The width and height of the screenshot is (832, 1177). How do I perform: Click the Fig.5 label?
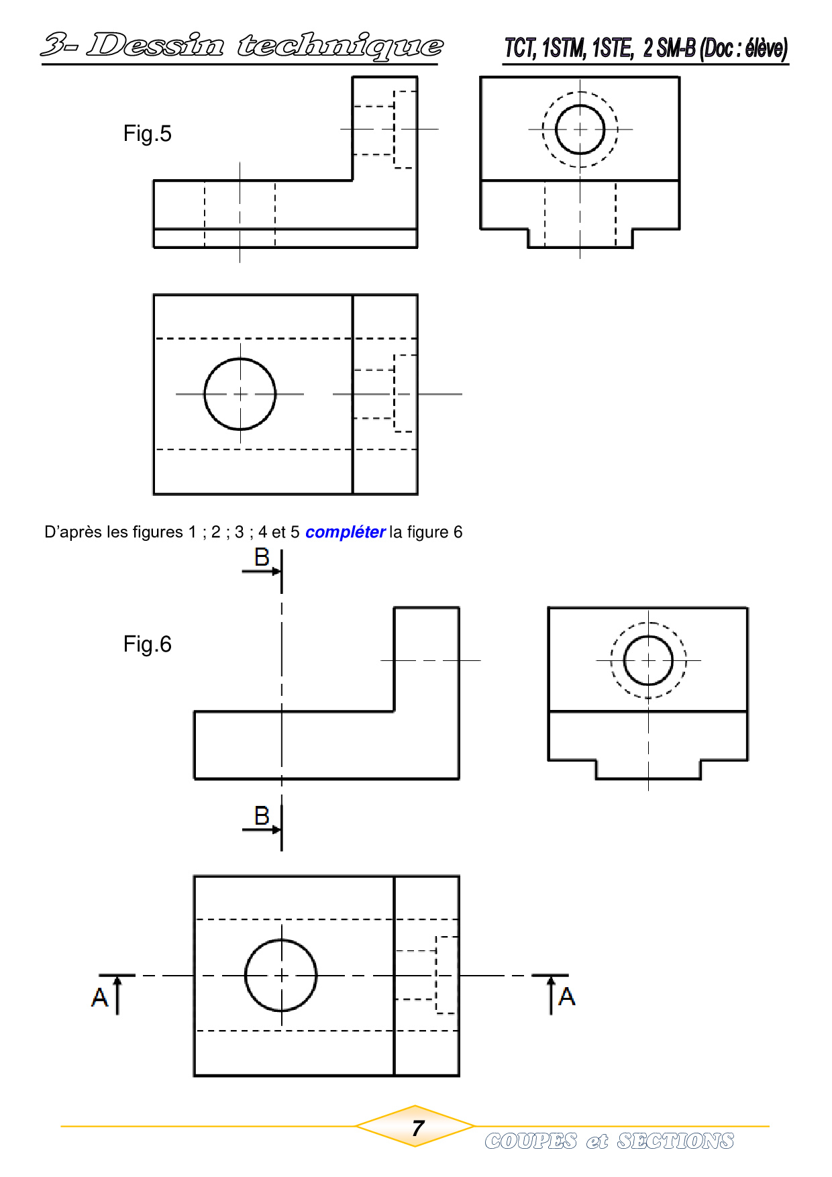pos(147,134)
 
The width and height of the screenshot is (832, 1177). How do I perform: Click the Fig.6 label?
pos(147,644)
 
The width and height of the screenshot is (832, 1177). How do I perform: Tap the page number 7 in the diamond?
pos(418,1128)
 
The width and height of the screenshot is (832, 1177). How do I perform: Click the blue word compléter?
pos(345,532)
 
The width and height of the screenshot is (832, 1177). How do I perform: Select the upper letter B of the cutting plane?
pos(262,557)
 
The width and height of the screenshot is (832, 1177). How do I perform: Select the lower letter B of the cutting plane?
pos(262,815)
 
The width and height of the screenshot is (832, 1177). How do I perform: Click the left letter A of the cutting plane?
pos(99,997)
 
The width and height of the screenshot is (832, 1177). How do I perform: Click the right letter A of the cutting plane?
pos(567,996)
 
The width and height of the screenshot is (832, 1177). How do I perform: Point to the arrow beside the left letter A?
pos(118,995)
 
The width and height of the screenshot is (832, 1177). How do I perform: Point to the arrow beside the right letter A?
pos(551,995)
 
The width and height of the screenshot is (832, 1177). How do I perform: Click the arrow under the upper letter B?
pos(262,572)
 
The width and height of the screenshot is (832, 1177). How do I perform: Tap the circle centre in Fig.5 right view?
pos(580,130)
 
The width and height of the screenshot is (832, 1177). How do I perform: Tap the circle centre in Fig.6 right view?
pos(648,661)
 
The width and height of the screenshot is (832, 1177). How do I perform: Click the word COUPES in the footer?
pos(531,1141)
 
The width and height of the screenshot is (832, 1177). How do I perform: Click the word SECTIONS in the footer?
pos(676,1141)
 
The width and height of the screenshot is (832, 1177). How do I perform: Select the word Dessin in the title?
pos(155,46)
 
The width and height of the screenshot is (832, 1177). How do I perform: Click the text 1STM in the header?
pos(564,48)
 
